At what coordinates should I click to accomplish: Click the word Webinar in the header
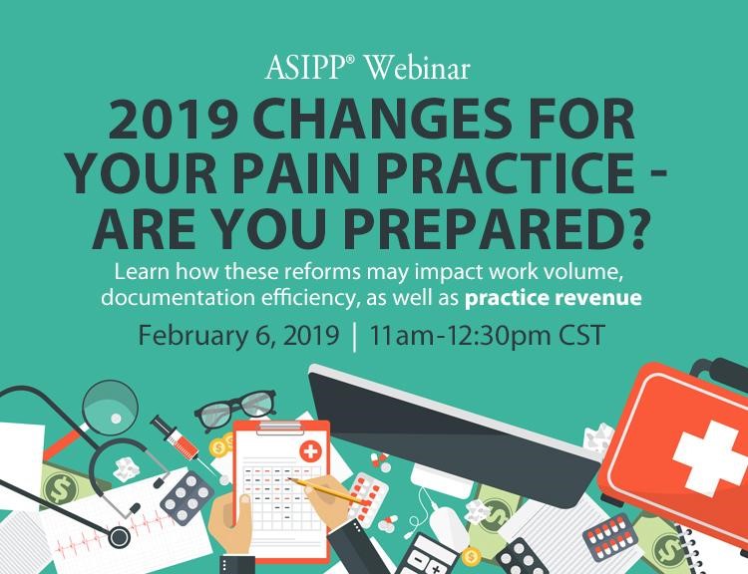418,67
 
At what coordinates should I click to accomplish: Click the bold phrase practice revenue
553,298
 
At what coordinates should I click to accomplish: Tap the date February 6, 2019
238,335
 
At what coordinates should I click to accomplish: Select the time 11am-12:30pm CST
487,335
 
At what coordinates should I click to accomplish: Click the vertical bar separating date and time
354,337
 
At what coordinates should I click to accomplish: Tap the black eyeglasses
235,409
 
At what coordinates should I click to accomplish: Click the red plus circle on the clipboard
310,451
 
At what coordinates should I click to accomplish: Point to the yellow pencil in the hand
328,492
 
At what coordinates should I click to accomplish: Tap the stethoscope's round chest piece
119,537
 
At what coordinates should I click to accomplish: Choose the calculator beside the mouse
428,555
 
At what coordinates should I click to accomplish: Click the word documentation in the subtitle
179,298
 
